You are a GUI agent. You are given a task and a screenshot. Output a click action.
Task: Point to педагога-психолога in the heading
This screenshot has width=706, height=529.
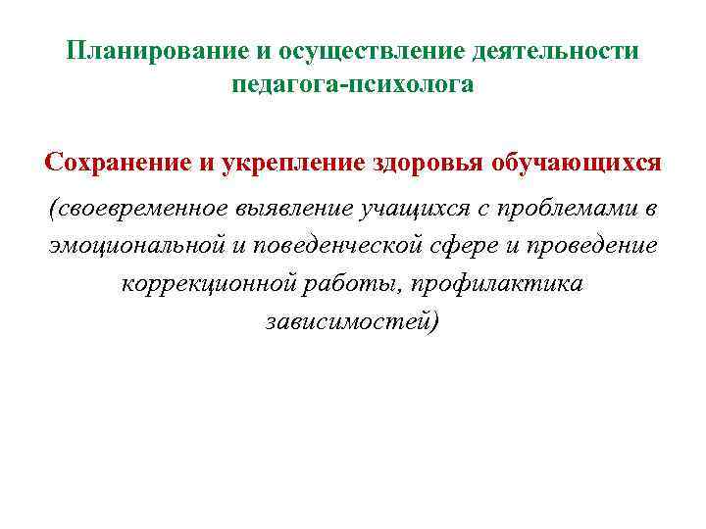[x=353, y=86]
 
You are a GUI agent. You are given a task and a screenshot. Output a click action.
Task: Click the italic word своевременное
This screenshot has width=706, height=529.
[x=141, y=209]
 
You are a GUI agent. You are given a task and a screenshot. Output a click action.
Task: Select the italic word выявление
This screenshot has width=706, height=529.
[x=305, y=209]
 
